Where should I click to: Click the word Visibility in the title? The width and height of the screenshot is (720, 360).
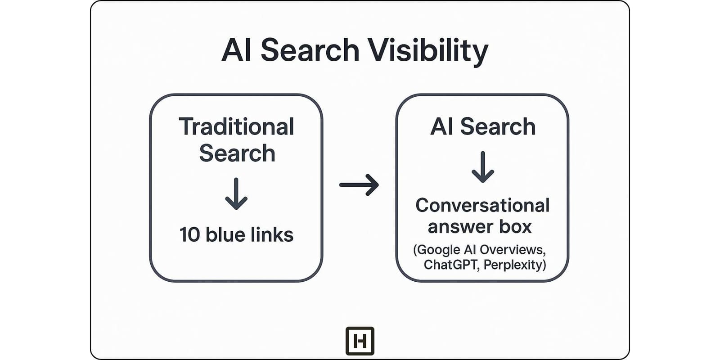(427, 50)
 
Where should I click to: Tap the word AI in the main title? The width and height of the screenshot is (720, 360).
(236, 50)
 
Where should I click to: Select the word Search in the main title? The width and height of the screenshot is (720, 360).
(310, 50)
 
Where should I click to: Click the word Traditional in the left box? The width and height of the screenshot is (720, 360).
(236, 127)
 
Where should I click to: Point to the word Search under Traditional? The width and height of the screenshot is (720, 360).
(237, 153)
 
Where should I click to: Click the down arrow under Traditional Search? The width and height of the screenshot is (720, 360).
(236, 194)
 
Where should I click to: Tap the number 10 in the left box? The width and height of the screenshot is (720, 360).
(189, 235)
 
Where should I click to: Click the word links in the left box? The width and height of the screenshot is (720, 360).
(273, 235)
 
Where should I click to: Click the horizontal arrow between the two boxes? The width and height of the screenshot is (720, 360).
(359, 184)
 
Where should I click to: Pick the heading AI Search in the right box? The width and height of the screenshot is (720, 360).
(483, 127)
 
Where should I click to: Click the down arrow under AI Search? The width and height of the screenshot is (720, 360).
(483, 167)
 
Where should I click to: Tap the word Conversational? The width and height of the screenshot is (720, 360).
(482, 206)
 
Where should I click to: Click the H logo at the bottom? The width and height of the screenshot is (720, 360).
(360, 341)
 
